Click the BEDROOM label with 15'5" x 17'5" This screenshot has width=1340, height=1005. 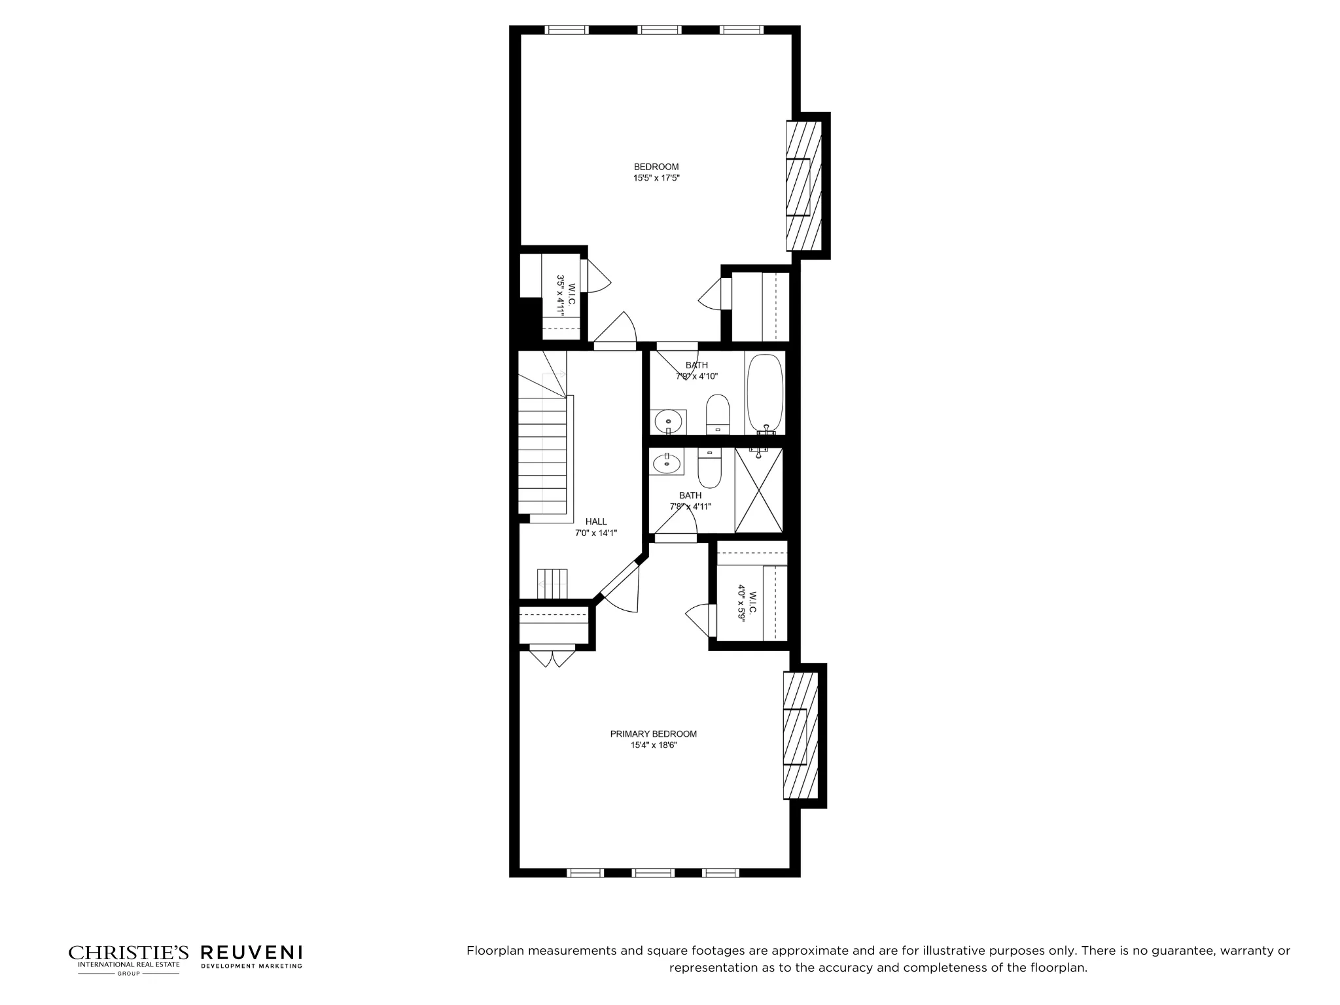point(656,172)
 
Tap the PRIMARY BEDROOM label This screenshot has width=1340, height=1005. point(653,739)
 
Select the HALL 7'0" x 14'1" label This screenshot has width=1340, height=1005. point(595,527)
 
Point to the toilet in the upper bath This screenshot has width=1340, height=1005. point(718,414)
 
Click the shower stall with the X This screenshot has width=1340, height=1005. point(758,490)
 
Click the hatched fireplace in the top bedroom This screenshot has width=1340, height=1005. point(803,186)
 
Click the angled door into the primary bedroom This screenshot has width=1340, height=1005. point(618,582)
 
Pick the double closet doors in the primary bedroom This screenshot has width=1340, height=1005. point(552,656)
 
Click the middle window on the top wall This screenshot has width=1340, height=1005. point(660,30)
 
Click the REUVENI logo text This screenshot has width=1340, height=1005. point(251,953)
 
